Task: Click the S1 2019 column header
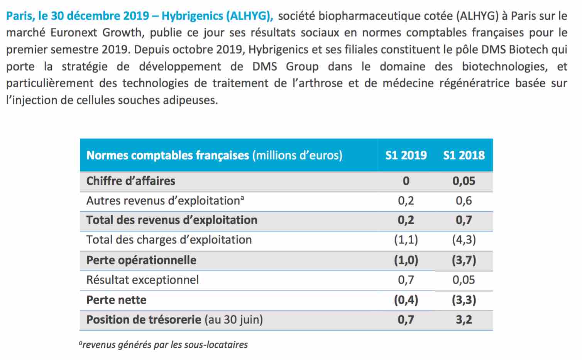click(x=406, y=155)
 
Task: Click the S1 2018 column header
click(x=464, y=155)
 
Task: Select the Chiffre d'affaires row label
click(x=131, y=181)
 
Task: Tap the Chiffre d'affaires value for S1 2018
click(x=464, y=181)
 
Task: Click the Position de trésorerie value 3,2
click(x=464, y=320)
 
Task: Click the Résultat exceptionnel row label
click(x=142, y=280)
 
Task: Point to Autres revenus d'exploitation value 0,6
click(x=464, y=201)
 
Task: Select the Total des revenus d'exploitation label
click(x=172, y=220)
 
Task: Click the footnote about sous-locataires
click(x=163, y=345)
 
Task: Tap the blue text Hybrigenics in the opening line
click(x=192, y=16)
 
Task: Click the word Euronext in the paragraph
click(x=73, y=32)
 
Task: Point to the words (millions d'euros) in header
click(x=298, y=155)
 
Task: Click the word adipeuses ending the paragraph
click(x=190, y=100)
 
